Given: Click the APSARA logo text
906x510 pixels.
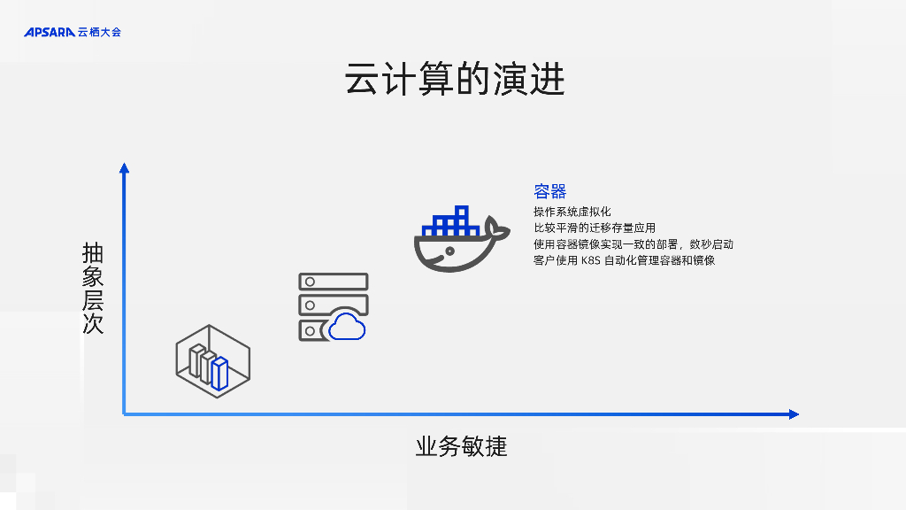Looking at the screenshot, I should [50, 33].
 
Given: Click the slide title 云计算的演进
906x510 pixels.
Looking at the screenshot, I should [454, 81].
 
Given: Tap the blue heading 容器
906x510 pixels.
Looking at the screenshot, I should [549, 191].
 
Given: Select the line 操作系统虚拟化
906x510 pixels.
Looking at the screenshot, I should [572, 212].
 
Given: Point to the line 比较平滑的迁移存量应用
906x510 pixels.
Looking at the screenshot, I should [594, 228].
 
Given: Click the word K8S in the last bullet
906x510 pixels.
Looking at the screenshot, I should [590, 260].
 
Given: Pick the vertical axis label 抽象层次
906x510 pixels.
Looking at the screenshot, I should [93, 288].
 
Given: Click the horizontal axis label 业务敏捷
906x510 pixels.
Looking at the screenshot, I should [461, 446].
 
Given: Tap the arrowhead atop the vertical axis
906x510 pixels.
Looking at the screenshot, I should [124, 168].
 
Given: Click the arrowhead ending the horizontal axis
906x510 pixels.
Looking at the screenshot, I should [793, 413].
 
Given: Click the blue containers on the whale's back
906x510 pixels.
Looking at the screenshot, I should [452, 222].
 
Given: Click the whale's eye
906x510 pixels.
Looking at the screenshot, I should [450, 251].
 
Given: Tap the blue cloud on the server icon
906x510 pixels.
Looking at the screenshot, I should [347, 328].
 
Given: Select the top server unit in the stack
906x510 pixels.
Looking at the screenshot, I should [334, 282].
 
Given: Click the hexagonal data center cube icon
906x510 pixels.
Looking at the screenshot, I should [212, 359].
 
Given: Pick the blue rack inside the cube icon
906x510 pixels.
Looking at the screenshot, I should [219, 373].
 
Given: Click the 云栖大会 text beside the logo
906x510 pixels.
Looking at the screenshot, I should [99, 33].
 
